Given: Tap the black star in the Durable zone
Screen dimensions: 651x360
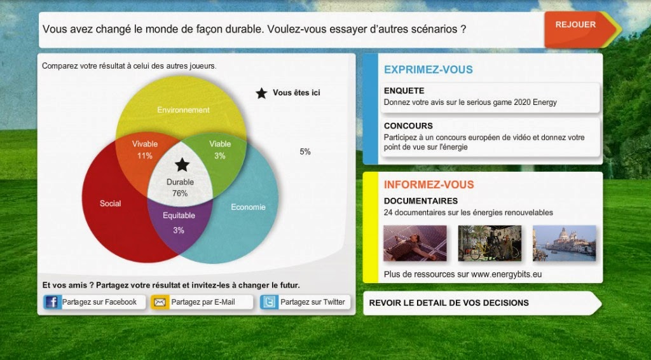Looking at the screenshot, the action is [182, 165].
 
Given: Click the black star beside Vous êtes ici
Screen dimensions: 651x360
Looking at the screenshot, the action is [261, 93].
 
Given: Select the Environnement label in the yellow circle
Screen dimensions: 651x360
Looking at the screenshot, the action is [183, 110].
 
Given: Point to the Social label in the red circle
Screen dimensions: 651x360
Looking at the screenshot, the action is [111, 204].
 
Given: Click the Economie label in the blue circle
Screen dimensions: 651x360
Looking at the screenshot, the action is [248, 207].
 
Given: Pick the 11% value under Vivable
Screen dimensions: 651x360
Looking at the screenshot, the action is [145, 156].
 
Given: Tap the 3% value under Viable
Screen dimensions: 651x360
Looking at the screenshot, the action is [219, 156].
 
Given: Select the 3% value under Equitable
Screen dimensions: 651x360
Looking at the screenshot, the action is [179, 230].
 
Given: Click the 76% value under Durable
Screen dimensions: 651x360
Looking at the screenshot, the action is [180, 193].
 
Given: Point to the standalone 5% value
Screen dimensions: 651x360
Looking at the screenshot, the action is [305, 152].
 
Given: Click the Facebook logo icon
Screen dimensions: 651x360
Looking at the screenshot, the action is [51, 302].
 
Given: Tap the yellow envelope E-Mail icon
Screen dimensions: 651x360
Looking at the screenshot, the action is [160, 302].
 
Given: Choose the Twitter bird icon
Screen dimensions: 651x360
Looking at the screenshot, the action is [269, 302].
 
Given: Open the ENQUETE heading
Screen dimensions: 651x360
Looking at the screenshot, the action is [404, 90].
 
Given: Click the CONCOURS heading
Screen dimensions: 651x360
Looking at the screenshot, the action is [408, 126].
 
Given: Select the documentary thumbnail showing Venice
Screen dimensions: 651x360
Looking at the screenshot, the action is [565, 244].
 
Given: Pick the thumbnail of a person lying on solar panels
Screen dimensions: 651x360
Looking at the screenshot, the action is [415, 244].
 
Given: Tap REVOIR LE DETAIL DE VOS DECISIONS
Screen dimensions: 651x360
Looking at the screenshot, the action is [449, 303].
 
